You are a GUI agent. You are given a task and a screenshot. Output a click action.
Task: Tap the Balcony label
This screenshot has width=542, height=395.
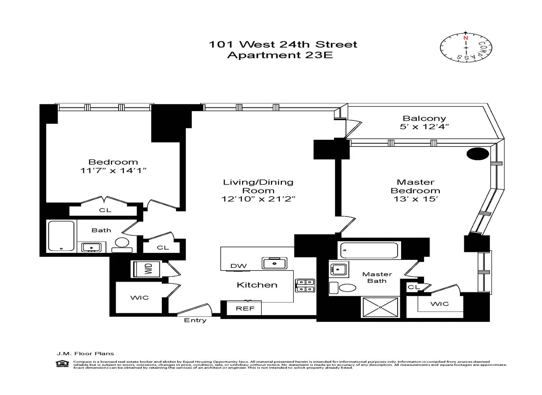(x=424, y=118)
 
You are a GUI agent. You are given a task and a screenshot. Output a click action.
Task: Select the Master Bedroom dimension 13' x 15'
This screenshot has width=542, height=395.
(x=416, y=199)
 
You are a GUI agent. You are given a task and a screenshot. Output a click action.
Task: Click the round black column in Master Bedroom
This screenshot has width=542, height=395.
(x=478, y=154)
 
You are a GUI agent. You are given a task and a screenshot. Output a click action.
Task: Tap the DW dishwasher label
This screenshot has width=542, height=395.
(x=238, y=266)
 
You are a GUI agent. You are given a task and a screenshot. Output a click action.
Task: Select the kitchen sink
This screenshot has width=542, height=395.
(x=274, y=263)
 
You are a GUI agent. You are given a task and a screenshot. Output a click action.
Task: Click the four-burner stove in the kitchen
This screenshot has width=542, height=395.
(x=305, y=286)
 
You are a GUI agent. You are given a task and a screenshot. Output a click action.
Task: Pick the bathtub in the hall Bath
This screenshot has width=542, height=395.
(x=61, y=236)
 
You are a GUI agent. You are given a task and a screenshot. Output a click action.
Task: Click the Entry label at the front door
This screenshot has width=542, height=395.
(x=195, y=320)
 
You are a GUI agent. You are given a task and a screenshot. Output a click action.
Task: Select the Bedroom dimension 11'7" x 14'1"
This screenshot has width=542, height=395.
(x=113, y=171)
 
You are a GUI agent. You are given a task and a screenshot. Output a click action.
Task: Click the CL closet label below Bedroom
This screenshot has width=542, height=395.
(x=105, y=210)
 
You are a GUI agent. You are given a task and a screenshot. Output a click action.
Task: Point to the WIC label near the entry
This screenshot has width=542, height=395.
(x=139, y=297)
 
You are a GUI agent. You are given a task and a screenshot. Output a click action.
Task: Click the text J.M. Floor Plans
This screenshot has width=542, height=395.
(x=85, y=354)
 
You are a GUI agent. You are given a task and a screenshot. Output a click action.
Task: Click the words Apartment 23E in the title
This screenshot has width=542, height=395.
(x=280, y=55)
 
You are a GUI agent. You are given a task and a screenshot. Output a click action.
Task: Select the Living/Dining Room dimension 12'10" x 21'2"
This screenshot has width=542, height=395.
(x=258, y=199)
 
